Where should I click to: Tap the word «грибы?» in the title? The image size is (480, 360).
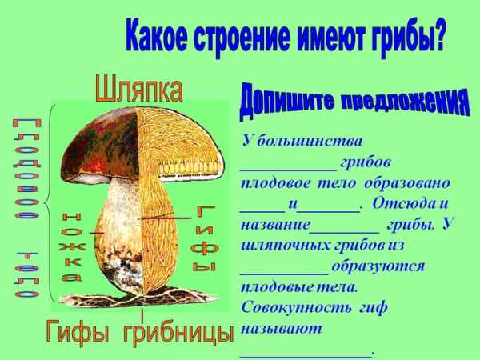pos(408,38)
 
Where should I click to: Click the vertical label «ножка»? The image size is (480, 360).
pos(71,246)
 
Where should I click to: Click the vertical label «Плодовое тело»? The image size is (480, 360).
pos(26,208)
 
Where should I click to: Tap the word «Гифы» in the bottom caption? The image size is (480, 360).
pos(78,332)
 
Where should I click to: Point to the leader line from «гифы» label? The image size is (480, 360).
pos(166,218)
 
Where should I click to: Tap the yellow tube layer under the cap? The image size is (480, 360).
pos(190,168)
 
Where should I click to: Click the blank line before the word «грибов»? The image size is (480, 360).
pos(288,169)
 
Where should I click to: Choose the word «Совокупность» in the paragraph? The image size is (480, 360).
pos(296,308)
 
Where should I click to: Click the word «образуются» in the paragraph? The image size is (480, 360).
pos(378,266)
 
